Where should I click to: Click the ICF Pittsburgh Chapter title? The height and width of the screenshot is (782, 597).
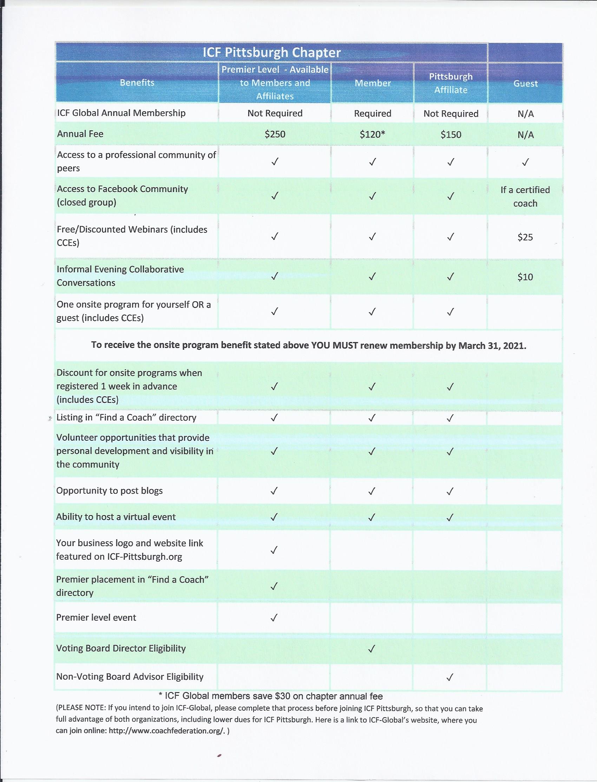point(271,53)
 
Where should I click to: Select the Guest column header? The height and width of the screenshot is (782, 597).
point(525,84)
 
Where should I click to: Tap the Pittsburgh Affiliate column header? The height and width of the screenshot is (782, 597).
point(451,83)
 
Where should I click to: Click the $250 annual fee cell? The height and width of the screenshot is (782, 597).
point(275,134)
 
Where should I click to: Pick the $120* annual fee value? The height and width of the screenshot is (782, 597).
point(372,134)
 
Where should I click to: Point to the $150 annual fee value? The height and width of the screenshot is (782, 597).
point(451,134)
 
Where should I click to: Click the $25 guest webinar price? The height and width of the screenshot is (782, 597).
point(525,237)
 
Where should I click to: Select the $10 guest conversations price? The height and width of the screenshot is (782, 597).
point(525,277)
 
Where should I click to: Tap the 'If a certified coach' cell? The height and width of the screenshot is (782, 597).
point(525,197)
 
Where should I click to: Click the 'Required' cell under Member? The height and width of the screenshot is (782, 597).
point(372,113)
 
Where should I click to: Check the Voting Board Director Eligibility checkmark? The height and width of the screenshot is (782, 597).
point(371,649)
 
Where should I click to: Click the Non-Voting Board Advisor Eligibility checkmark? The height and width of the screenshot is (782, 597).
point(450,677)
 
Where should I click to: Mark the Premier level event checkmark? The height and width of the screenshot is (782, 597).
point(274,618)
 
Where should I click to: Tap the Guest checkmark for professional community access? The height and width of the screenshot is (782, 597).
point(525,162)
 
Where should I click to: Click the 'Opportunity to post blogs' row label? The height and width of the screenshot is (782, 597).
point(110,491)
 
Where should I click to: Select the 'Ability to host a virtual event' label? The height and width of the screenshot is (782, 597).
point(116,517)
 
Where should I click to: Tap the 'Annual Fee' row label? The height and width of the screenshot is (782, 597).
point(80,134)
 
